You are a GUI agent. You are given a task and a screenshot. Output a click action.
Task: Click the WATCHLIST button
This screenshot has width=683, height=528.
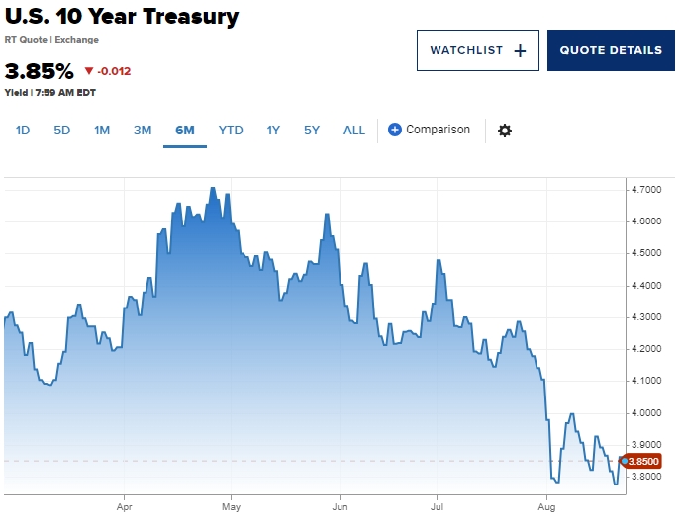pyautogui.click(x=477, y=50)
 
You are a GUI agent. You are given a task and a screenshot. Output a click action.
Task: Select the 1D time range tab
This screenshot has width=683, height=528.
pyautogui.click(x=23, y=131)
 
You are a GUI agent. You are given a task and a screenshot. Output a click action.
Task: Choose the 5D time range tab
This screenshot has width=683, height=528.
pyautogui.click(x=62, y=131)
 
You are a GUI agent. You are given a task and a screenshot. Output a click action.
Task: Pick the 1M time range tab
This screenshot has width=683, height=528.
pyautogui.click(x=102, y=131)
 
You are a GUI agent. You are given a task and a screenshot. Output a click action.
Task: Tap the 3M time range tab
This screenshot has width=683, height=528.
pyautogui.click(x=143, y=131)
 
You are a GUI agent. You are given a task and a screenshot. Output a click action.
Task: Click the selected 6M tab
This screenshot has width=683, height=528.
pyautogui.click(x=185, y=131)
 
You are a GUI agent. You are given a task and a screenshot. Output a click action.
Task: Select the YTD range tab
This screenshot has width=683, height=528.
pyautogui.click(x=231, y=131)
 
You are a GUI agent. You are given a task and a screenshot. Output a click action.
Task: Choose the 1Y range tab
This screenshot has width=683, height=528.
pyautogui.click(x=273, y=131)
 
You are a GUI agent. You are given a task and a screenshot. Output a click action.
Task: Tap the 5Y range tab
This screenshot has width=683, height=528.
pyautogui.click(x=312, y=131)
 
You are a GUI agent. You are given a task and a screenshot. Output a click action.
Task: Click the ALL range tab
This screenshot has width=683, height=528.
pyautogui.click(x=354, y=131)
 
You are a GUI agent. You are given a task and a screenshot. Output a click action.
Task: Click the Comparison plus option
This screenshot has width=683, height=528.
pyautogui.click(x=429, y=130)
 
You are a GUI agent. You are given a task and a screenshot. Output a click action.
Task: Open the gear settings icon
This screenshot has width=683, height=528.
pyautogui.click(x=505, y=131)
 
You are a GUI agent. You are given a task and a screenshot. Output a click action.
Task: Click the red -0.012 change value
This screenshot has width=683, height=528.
pyautogui.click(x=108, y=71)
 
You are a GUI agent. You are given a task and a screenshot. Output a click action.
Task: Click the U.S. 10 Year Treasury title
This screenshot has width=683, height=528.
pyautogui.click(x=122, y=17)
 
